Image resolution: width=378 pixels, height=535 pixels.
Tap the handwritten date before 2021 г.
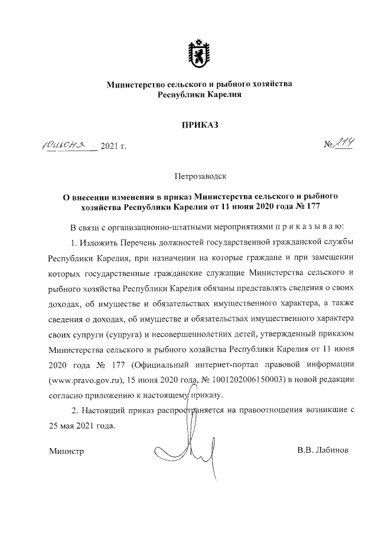point(68,144)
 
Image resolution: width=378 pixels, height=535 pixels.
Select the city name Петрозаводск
point(199,176)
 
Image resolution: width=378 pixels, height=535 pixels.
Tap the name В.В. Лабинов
point(323,450)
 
